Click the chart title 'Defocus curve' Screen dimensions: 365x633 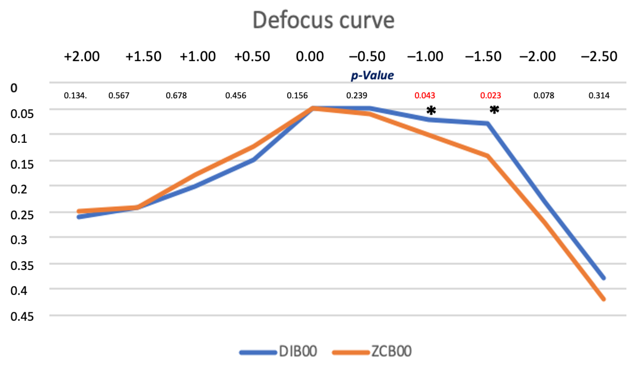pos(323,20)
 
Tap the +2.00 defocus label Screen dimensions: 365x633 pos(82,56)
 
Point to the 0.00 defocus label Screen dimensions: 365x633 pos(310,56)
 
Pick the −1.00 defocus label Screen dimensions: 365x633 pos(425,56)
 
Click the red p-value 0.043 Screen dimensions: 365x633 pos(425,96)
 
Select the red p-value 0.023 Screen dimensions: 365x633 pos(490,96)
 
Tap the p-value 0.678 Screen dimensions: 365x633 pos(176,96)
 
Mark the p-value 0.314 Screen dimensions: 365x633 pos(599,96)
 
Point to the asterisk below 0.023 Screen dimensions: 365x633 pos(494,110)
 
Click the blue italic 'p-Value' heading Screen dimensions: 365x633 pos(372,75)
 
